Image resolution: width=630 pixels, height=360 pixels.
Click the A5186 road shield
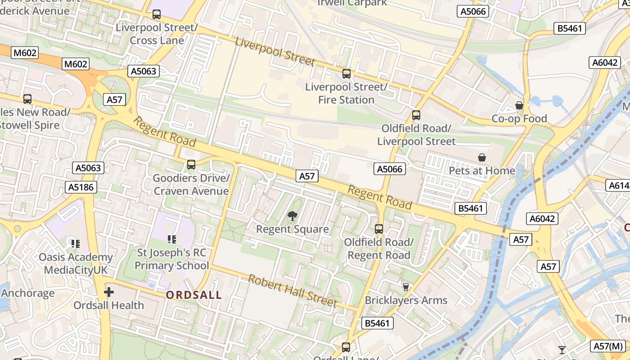click(x=81, y=187)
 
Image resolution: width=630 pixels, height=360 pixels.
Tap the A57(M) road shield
click(x=609, y=346)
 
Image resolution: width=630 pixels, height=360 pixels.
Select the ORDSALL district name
click(x=194, y=295)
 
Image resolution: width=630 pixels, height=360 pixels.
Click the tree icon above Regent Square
click(x=292, y=216)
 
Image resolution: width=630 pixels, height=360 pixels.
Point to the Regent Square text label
click(x=292, y=229)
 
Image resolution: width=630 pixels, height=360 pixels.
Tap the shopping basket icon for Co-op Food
click(x=519, y=106)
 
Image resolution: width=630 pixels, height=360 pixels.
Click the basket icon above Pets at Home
click(x=482, y=157)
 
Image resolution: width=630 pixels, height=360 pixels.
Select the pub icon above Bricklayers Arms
click(x=406, y=287)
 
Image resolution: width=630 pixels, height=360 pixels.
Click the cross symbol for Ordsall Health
click(x=109, y=292)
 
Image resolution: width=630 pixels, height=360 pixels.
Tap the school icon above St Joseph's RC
click(x=171, y=239)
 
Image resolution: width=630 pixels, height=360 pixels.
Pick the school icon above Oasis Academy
click(x=76, y=244)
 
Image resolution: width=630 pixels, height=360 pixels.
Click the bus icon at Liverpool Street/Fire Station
click(x=346, y=74)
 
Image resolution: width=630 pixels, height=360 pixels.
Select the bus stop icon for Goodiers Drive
click(x=191, y=165)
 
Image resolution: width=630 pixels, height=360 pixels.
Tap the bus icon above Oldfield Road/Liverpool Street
click(x=416, y=115)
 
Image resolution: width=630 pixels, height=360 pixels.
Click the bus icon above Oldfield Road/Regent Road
click(x=379, y=229)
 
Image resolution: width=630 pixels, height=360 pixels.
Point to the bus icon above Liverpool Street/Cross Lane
click(x=157, y=14)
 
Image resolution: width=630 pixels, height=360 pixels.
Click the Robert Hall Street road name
click(x=292, y=291)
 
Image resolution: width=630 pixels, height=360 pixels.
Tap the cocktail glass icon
click(x=562, y=350)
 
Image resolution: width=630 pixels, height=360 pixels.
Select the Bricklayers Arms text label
click(x=406, y=300)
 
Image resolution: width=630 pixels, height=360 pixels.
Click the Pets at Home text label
click(x=482, y=171)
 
